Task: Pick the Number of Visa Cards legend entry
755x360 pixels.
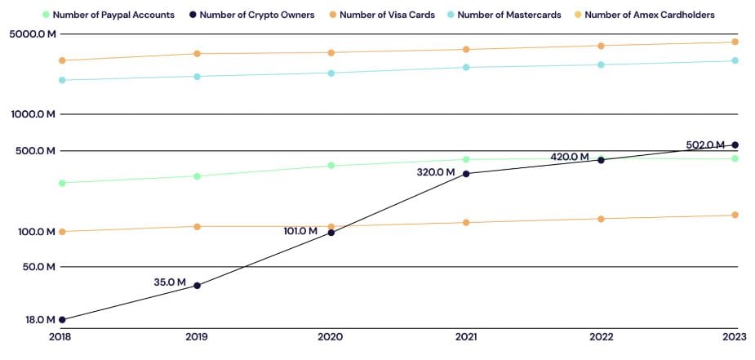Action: pos(381,15)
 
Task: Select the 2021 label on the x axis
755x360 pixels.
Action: pos(466,336)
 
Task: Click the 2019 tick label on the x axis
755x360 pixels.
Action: pos(196,336)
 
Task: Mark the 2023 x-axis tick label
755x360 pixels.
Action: pos(735,336)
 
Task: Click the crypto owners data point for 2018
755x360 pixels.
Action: pos(61,320)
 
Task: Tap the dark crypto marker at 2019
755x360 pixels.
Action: pos(196,286)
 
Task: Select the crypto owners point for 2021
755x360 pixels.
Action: pos(466,174)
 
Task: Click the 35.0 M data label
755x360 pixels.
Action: pos(170,282)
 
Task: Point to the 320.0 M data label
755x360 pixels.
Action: pos(436,172)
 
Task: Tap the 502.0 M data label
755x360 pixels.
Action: pos(705,144)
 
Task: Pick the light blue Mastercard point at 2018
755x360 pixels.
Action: pos(61,80)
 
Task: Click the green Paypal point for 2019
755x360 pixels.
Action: pos(196,176)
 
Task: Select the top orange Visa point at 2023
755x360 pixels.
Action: pos(735,42)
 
